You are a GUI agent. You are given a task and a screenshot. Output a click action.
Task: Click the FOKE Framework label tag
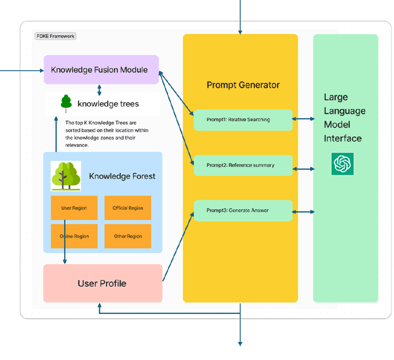[55, 36]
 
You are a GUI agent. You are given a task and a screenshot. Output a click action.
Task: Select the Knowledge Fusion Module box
[101, 70]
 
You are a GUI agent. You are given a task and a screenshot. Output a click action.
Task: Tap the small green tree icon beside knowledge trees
[66, 103]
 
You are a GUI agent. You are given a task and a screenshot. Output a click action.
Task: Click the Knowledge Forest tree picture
[66, 176]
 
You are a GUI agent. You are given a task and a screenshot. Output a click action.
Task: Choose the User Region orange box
[74, 208]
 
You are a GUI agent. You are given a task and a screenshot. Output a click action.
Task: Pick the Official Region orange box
[127, 208]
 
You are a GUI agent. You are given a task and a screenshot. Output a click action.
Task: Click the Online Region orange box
[74, 236]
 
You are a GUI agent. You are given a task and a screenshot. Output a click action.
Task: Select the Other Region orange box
[127, 236]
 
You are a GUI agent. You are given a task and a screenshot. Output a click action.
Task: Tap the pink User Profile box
[102, 283]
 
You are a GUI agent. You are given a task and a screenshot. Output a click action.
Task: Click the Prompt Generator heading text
[243, 85]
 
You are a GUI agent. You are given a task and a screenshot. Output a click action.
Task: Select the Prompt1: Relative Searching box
[243, 120]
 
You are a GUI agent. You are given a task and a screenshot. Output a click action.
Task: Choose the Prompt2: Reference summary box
[243, 166]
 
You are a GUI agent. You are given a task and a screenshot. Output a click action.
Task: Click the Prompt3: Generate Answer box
[243, 211]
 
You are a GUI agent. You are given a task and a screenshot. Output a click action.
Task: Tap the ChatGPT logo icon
[342, 164]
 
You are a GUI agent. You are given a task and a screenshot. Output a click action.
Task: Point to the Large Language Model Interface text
[345, 118]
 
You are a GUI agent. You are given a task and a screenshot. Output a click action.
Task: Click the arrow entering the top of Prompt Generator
[241, 18]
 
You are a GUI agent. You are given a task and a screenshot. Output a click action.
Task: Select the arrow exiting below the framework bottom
[241, 329]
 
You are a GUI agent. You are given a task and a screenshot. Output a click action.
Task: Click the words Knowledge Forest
[122, 176]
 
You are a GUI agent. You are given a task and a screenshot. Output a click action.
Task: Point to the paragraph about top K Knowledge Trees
[102, 134]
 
